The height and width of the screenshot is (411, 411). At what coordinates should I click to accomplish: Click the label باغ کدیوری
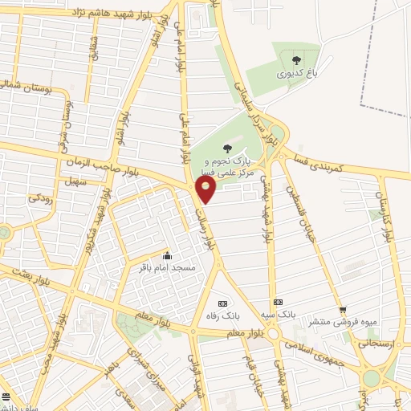[x=298, y=73]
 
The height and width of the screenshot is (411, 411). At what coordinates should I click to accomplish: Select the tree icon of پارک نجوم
[x=227, y=147]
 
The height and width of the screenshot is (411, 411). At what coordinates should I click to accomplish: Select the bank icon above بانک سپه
[x=279, y=299]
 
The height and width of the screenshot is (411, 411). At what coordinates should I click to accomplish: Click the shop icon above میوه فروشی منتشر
[x=343, y=310]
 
